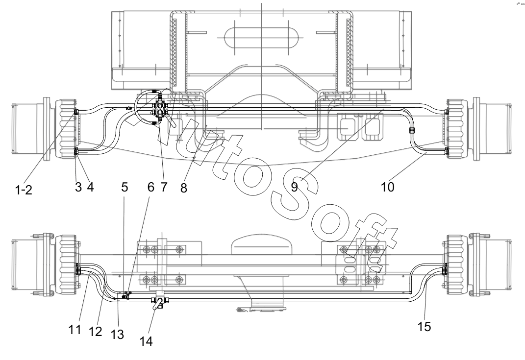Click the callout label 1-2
(24, 190)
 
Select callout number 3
(78, 187)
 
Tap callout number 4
(90, 187)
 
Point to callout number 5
(125, 187)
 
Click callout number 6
(151, 187)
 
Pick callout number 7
(163, 187)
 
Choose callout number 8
(183, 188)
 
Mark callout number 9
(294, 187)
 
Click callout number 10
(387, 187)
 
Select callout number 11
(75, 330)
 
